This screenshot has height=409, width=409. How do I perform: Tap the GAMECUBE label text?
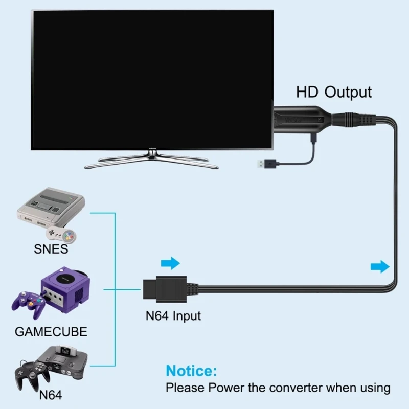coord(51,331)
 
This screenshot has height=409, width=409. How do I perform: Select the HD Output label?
coord(334,92)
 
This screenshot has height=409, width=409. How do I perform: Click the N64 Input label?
coord(173,315)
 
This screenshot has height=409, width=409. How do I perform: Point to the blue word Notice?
coord(192,371)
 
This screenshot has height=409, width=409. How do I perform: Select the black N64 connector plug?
coord(163,287)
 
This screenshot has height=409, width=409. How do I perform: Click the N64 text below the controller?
coord(50,395)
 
